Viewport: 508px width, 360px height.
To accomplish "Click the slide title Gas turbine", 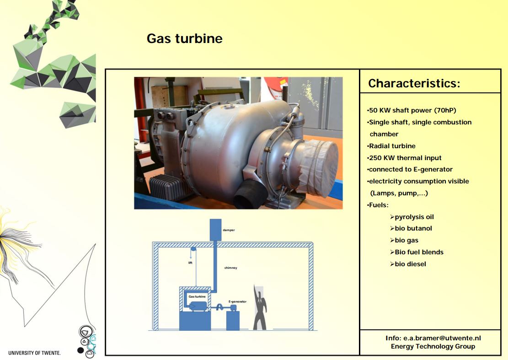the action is point(185,38).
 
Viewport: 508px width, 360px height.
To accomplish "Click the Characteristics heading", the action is point(414,83).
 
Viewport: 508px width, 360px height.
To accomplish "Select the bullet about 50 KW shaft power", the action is point(412,110).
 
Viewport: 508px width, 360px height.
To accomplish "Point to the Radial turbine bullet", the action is point(391,146).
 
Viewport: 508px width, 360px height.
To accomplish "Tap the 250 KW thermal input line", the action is point(404,158).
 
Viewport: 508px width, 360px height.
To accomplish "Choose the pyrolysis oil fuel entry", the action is point(412,217).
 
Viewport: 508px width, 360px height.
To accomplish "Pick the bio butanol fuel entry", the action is point(411,228).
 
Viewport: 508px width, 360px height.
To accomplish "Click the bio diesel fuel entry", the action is point(408,264).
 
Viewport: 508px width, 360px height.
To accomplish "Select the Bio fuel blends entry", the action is point(417,252).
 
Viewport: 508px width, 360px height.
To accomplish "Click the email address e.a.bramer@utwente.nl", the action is point(442,338).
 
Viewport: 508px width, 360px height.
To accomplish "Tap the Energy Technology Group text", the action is point(433,346).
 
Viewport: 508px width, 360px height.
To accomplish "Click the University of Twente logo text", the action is point(34,353).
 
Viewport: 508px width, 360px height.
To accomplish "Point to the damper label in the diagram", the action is point(229,230).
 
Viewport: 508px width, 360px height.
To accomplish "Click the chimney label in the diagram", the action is point(230,268).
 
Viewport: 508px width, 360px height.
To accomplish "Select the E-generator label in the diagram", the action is point(237,301).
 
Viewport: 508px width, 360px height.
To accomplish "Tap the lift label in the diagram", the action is point(190,263).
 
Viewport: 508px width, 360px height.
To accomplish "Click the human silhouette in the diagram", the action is point(260,308).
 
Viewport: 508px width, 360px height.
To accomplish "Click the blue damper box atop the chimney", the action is point(215,230).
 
